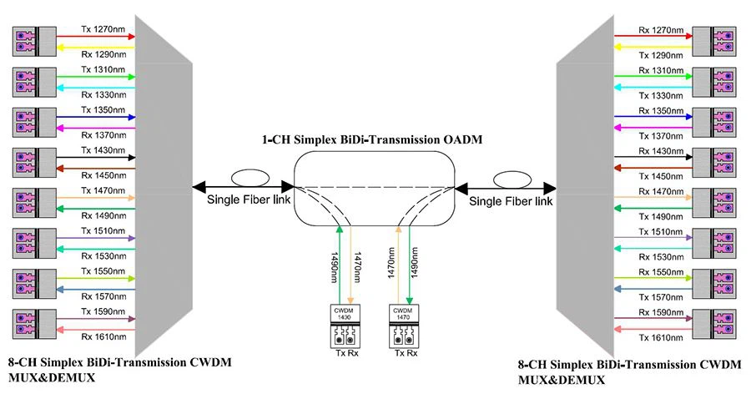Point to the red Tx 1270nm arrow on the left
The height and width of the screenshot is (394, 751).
(96, 37)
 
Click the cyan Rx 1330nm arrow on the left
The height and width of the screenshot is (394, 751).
(96, 87)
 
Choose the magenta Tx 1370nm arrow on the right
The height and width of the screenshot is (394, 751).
(655, 127)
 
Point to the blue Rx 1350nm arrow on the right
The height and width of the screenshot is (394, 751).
(655, 118)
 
